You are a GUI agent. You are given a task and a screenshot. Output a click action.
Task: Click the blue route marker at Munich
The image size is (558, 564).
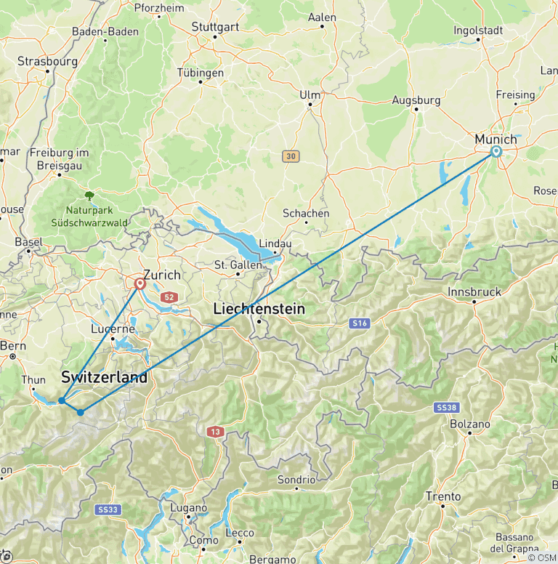pyautogui.click(x=496, y=151)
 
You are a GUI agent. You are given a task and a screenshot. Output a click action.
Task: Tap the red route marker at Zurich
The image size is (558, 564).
pyautogui.click(x=139, y=284)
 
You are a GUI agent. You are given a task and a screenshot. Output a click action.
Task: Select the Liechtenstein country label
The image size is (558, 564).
pyautogui.click(x=259, y=309)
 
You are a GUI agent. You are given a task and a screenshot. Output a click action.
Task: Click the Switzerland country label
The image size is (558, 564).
pyautogui.click(x=104, y=378)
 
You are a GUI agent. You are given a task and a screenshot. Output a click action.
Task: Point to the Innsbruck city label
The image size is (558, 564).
pyautogui.click(x=475, y=291)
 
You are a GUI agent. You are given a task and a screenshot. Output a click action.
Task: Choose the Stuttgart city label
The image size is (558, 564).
pyautogui.click(x=215, y=26)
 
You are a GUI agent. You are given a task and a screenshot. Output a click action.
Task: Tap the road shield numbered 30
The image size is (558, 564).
pyautogui.click(x=291, y=156)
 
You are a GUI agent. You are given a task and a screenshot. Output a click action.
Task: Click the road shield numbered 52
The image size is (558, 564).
pyautogui.click(x=170, y=297)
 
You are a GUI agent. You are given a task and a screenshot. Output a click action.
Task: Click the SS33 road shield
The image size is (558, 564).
pyautogui.click(x=106, y=510)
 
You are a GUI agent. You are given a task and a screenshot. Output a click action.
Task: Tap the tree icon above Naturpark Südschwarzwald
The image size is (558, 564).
pyautogui.click(x=89, y=196)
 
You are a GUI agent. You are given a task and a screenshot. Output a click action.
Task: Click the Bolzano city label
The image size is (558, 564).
pyautogui.click(x=470, y=424)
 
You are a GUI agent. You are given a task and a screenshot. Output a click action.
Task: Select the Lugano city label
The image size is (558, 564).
pyautogui.click(x=188, y=508)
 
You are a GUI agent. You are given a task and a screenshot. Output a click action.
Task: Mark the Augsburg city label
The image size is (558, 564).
pyautogui.click(x=416, y=100)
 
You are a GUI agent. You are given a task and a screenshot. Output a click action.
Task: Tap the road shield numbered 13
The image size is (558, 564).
pyautogui.click(x=212, y=432)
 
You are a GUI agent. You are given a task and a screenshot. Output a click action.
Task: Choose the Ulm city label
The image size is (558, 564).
pyautogui.click(x=310, y=94)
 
